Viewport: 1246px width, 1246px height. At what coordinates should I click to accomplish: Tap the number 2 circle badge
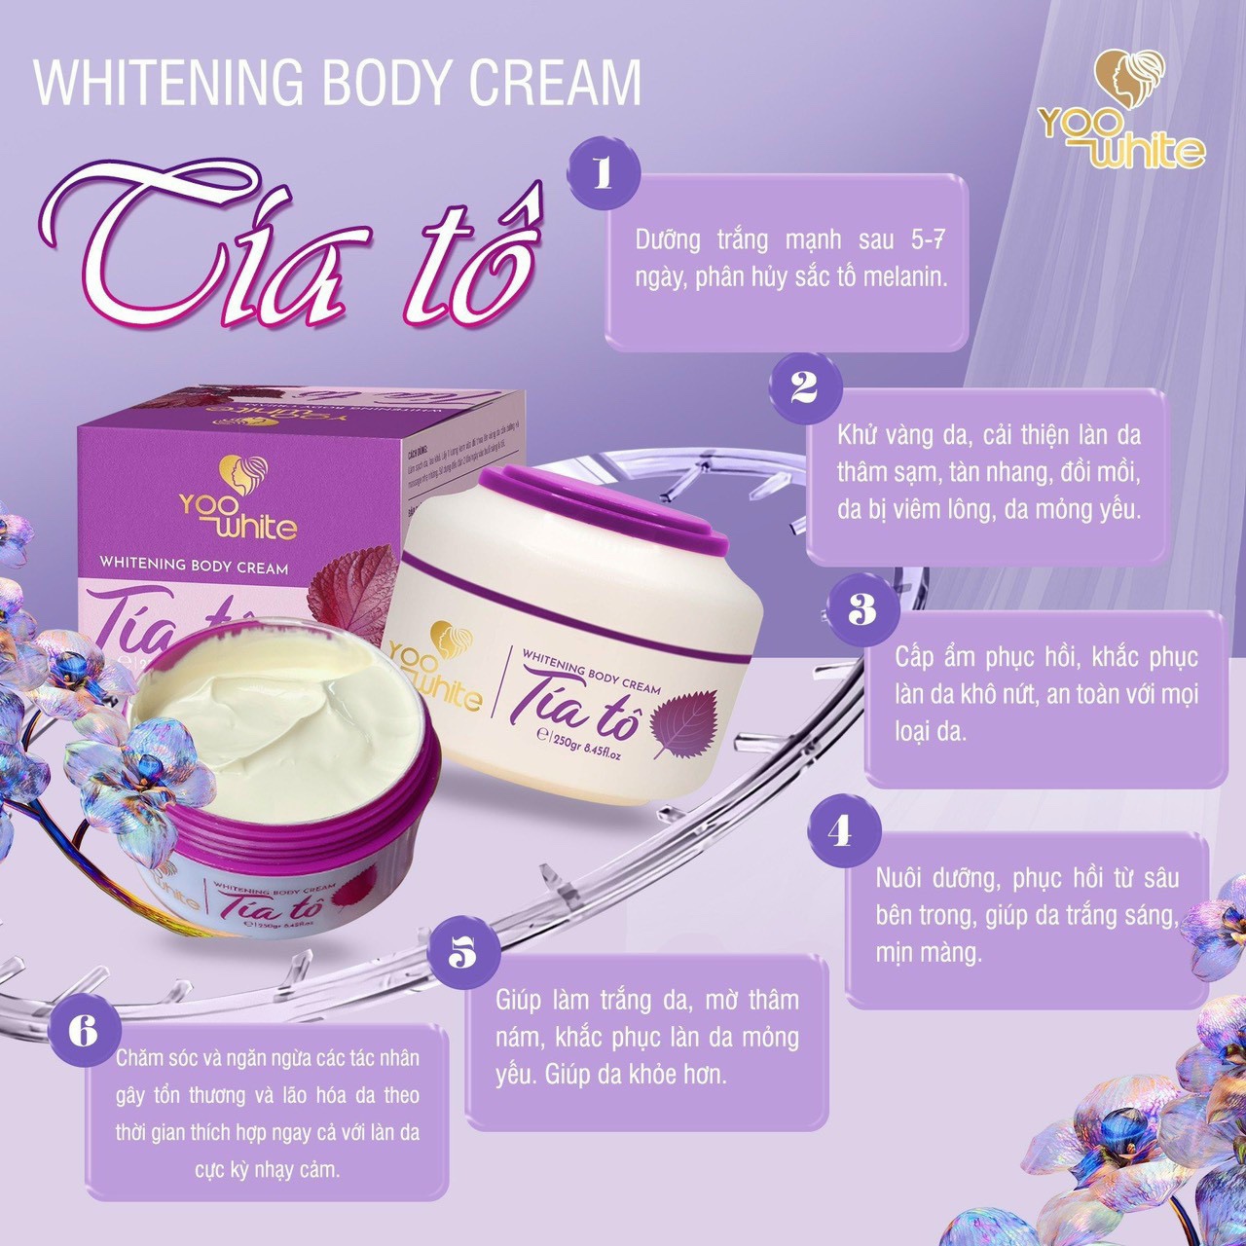click(x=804, y=387)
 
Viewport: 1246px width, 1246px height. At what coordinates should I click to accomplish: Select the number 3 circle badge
click(x=862, y=608)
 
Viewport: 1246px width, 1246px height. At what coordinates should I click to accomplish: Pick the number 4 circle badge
click(x=842, y=830)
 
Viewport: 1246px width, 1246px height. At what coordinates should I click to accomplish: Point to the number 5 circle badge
click(x=462, y=953)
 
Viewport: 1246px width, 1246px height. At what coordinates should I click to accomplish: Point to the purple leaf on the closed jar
click(x=684, y=722)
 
